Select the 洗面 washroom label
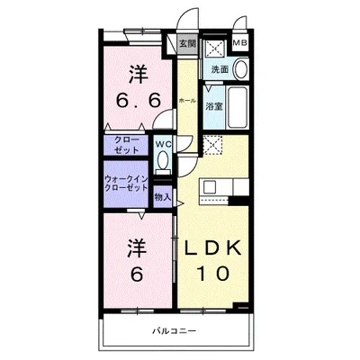220,68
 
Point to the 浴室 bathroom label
213,106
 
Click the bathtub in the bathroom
237,107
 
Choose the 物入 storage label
163,196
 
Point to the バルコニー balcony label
173,334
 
